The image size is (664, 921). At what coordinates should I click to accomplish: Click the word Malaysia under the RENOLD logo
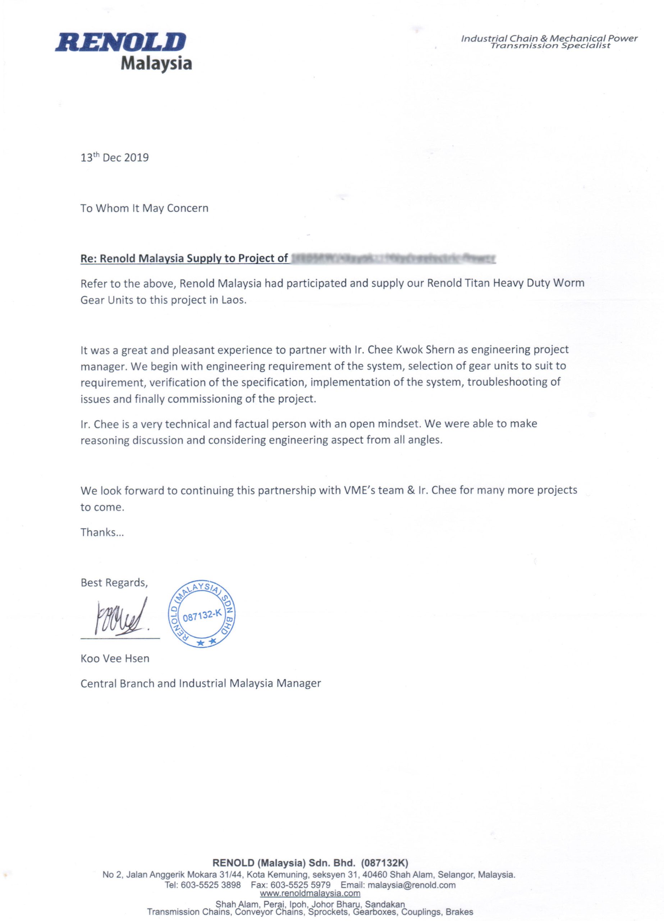[156, 63]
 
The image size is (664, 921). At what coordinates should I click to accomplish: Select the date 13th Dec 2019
[114, 158]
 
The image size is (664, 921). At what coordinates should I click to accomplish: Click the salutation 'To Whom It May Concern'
[144, 208]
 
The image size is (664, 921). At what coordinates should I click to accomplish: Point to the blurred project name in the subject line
[393, 258]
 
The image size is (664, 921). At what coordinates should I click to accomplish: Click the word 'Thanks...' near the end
[102, 532]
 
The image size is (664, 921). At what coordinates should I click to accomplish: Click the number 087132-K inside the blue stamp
[202, 616]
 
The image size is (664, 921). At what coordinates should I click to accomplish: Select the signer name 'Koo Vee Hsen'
[115, 658]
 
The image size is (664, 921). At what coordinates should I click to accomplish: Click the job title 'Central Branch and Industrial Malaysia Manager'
[201, 684]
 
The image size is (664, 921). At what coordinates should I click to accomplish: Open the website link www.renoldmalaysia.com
[310, 893]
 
